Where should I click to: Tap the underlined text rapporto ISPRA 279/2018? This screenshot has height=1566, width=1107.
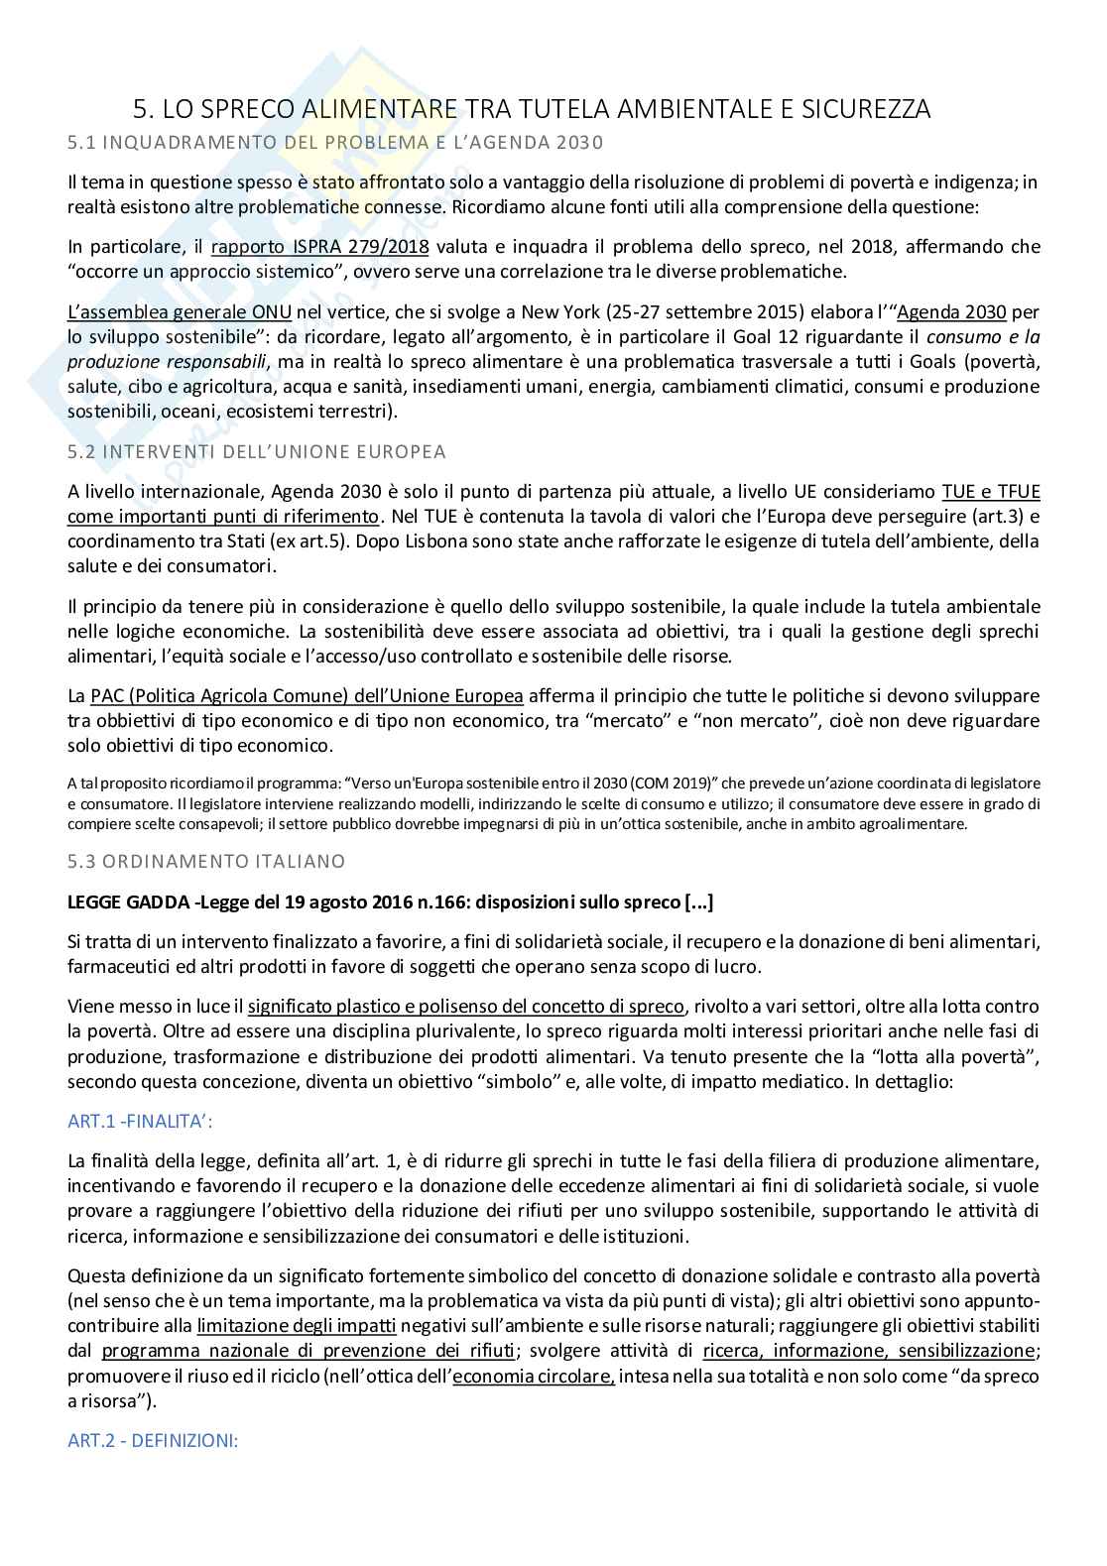pyautogui.click(x=319, y=247)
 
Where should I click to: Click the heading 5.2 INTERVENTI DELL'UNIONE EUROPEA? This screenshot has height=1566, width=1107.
pyautogui.click(x=256, y=452)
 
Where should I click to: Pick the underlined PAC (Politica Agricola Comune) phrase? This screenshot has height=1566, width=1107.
pyautogui.click(x=306, y=696)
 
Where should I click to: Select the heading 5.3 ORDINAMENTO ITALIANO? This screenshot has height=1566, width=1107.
pyautogui.click(x=206, y=862)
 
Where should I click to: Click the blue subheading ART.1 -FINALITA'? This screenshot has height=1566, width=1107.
pyautogui.click(x=140, y=1122)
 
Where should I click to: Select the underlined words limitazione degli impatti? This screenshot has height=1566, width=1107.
pyautogui.click(x=297, y=1326)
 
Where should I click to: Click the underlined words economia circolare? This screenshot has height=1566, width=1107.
pyautogui.click(x=534, y=1377)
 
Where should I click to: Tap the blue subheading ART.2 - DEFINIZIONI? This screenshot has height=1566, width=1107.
pyautogui.click(x=152, y=1441)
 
